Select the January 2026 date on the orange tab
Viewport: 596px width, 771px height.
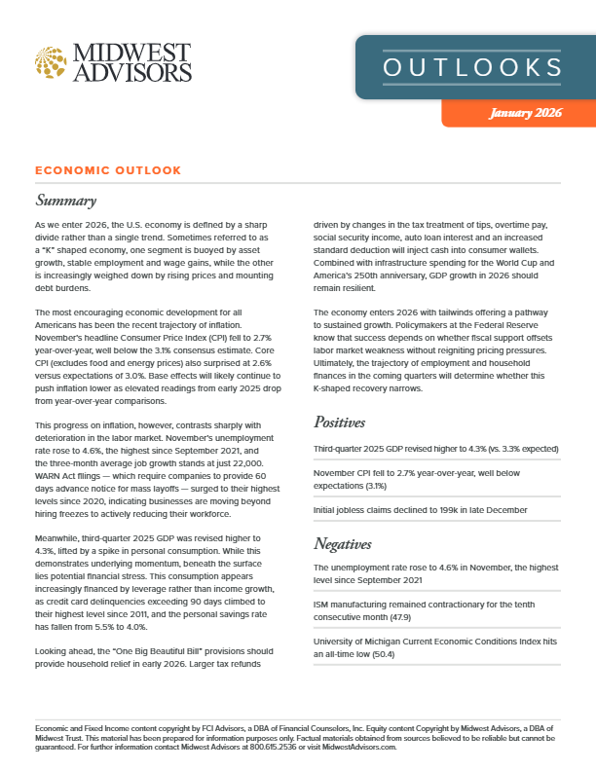pyautogui.click(x=526, y=113)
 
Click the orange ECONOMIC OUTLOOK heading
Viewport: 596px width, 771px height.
pyautogui.click(x=107, y=170)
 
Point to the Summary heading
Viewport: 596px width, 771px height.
pyautogui.click(x=65, y=202)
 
